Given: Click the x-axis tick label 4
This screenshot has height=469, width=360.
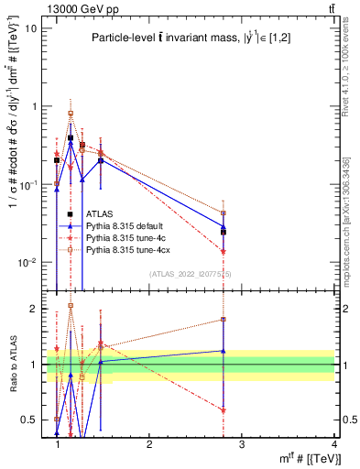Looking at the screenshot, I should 333,444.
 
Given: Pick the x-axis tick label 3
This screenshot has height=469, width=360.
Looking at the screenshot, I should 242,444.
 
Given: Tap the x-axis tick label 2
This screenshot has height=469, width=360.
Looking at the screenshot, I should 150,444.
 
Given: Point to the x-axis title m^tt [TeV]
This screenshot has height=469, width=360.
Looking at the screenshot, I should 302,458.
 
